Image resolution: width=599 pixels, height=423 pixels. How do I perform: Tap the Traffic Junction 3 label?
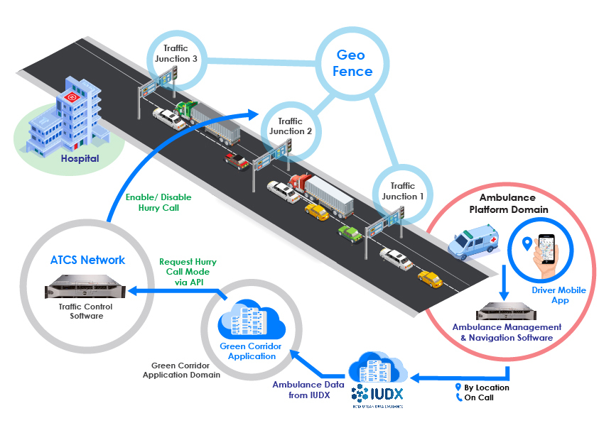coord(171,53)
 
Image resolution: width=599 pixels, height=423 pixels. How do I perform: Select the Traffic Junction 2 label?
coord(291,126)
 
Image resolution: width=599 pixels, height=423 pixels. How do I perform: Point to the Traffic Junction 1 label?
coord(403,191)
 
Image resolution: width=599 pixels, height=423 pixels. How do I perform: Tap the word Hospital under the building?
coord(80,159)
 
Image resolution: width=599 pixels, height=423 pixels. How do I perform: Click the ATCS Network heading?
coord(87,260)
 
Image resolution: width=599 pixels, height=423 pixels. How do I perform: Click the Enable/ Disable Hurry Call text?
coord(158,202)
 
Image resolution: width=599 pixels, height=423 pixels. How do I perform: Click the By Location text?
coord(487,388)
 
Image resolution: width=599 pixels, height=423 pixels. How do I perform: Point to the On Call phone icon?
coord(458,398)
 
